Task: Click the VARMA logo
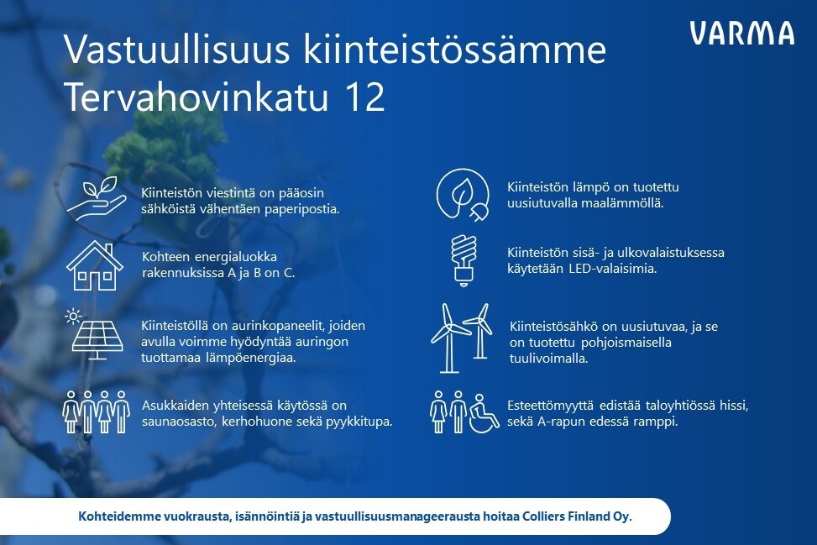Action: (x=742, y=33)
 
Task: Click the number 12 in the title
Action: (x=364, y=97)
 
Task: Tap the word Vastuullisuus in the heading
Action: (x=176, y=50)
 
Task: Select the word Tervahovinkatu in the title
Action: (x=196, y=97)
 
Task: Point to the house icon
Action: (x=94, y=265)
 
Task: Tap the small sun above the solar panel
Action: (x=73, y=317)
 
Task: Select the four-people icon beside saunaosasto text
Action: (x=96, y=412)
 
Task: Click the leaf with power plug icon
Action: (x=463, y=195)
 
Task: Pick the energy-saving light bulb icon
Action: (x=463, y=260)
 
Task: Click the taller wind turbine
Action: (x=448, y=338)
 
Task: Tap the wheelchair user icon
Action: (x=484, y=414)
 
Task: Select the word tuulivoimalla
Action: (x=548, y=359)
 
